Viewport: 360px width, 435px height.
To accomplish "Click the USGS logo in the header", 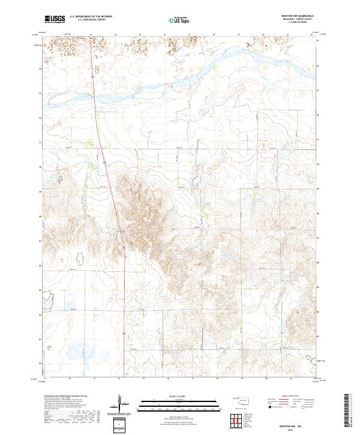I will click(55, 20).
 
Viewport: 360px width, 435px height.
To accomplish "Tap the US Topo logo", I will click(181, 20).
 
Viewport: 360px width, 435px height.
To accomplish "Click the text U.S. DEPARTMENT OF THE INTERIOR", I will click(91, 17).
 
